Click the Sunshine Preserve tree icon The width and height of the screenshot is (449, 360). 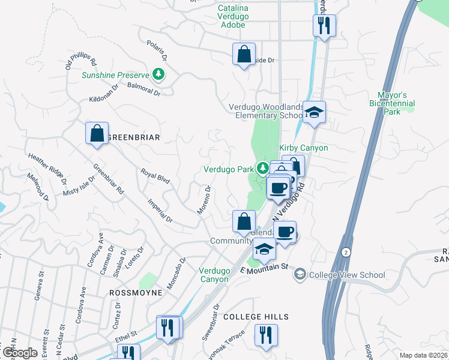pyautogui.click(x=159, y=74)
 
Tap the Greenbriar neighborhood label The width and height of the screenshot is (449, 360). pyautogui.click(x=133, y=137)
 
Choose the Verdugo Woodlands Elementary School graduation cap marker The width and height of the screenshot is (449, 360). pyautogui.click(x=314, y=112)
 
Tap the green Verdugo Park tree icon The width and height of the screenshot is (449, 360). pyautogui.click(x=262, y=168)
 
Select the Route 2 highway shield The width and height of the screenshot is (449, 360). pyautogui.click(x=346, y=251)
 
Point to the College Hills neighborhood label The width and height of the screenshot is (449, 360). pyautogui.click(x=256, y=317)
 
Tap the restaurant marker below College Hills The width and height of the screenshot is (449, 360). pyautogui.click(x=265, y=335)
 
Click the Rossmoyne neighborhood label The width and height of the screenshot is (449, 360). pyautogui.click(x=136, y=293)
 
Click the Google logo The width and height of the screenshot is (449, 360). pyautogui.click(x=20, y=353)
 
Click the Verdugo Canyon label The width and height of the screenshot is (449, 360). pyautogui.click(x=214, y=275)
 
